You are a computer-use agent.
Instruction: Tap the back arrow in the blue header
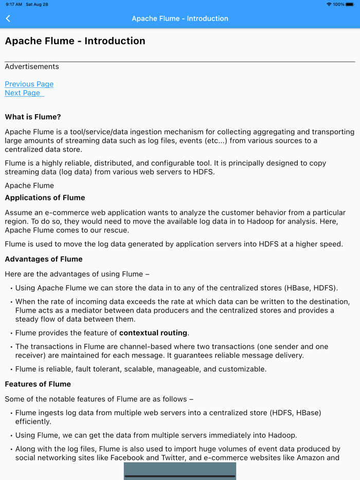click(8, 19)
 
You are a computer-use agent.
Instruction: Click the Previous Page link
click(29, 84)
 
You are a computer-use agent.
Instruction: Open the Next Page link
click(23, 93)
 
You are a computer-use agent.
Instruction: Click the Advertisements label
click(32, 67)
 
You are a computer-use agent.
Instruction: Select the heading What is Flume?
click(33, 117)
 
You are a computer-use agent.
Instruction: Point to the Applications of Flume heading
click(45, 198)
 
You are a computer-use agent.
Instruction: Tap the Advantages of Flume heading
click(44, 260)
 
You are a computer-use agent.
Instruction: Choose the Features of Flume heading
click(38, 384)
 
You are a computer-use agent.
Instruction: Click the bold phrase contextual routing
click(154, 333)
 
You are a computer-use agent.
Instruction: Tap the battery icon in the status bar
click(350, 4)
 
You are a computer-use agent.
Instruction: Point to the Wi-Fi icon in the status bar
click(329, 4)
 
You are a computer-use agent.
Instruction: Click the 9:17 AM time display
click(14, 4)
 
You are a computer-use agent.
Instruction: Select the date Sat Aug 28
click(37, 4)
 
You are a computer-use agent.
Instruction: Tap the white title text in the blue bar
click(180, 19)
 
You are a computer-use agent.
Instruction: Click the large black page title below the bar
click(75, 41)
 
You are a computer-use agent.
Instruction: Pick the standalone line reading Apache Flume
click(29, 186)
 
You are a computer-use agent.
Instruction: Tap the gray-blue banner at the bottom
click(180, 471)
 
